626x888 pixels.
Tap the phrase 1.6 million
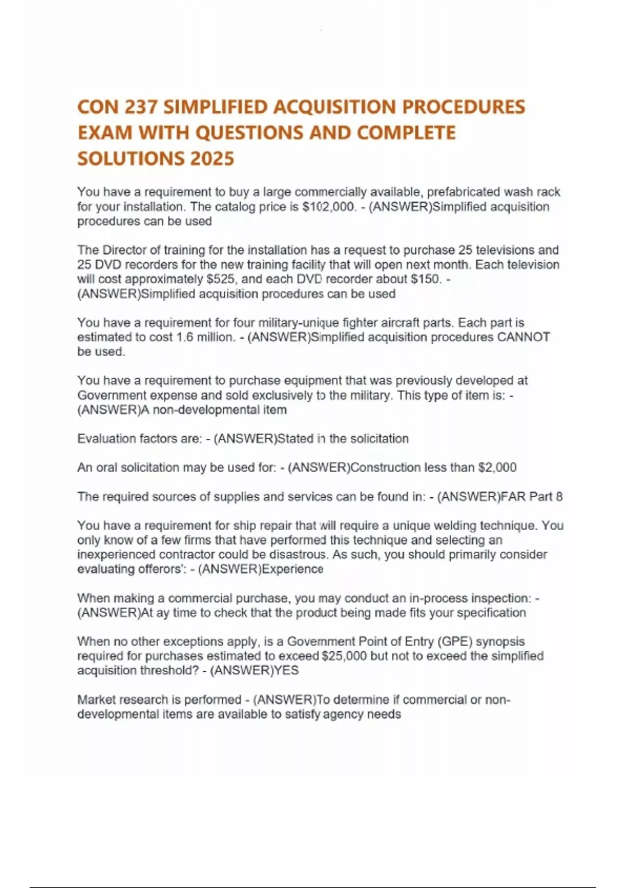(x=206, y=337)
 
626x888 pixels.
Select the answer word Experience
(x=293, y=569)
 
